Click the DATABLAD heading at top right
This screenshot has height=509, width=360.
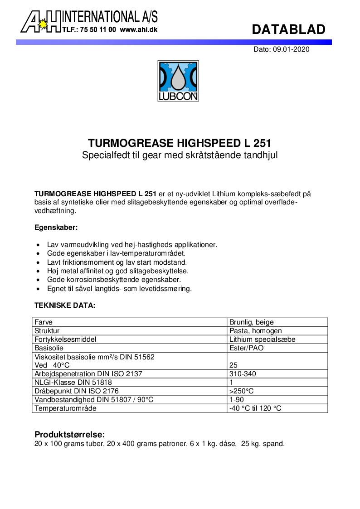point(288,29)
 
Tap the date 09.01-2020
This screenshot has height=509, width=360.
point(291,49)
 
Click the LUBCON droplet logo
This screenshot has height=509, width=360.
point(178,81)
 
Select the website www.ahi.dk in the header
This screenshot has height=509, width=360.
point(139,29)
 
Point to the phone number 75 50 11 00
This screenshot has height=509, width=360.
point(97,29)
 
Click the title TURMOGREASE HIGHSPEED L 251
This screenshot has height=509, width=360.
point(180,144)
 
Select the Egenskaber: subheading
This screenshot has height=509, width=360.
point(56,227)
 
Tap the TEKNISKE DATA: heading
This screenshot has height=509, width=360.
point(65,305)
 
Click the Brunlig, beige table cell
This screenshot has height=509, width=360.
point(252,322)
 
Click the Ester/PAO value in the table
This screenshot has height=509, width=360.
point(246,348)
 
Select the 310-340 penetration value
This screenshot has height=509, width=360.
point(243,374)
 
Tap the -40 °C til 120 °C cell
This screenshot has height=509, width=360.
point(255,408)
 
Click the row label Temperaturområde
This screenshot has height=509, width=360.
point(65,408)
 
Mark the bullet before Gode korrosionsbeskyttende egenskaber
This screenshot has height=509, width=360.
point(38,280)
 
